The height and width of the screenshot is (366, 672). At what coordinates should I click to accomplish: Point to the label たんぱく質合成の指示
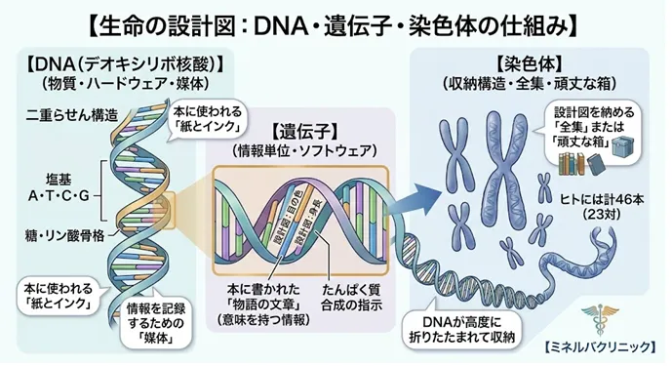click(353, 298)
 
